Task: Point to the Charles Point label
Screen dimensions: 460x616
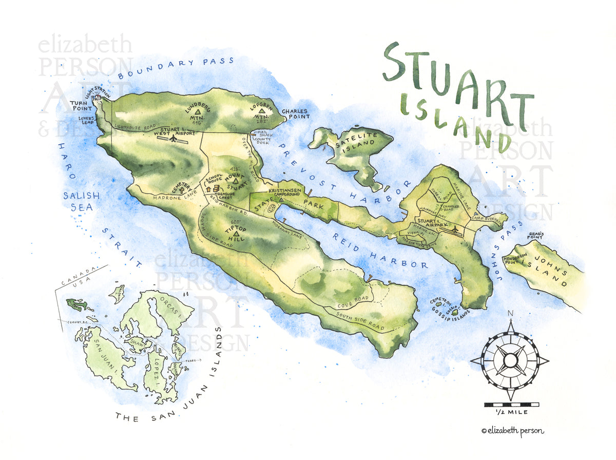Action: pyautogui.click(x=295, y=114)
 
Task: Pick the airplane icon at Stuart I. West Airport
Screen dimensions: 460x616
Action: pyautogui.click(x=174, y=138)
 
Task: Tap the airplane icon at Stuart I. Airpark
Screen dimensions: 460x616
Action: pyautogui.click(x=453, y=231)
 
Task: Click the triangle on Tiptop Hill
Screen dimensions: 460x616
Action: pyautogui.click(x=236, y=235)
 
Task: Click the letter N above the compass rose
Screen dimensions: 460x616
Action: pyautogui.click(x=510, y=314)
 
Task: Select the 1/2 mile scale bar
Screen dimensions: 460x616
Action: pyautogui.click(x=510, y=405)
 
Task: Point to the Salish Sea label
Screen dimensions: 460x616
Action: pyautogui.click(x=78, y=201)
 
